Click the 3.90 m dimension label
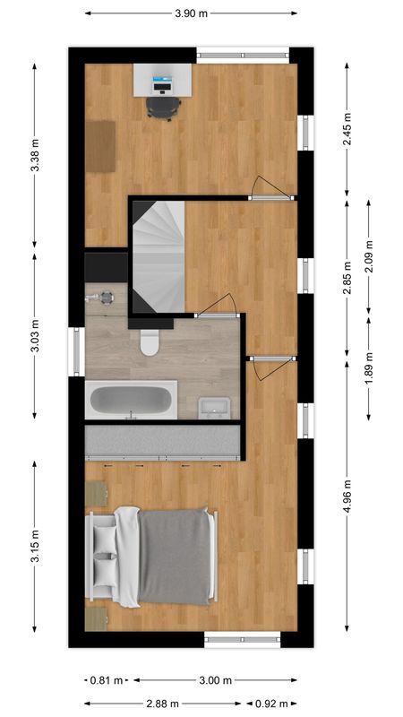pos(192,13)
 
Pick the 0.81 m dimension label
pos(107,680)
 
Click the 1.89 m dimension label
pos(369,368)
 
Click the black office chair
pos(163,107)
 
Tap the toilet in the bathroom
pos(150,341)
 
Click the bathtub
pos(131,401)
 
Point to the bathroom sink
pos(213,407)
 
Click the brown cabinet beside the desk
pos(101,146)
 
